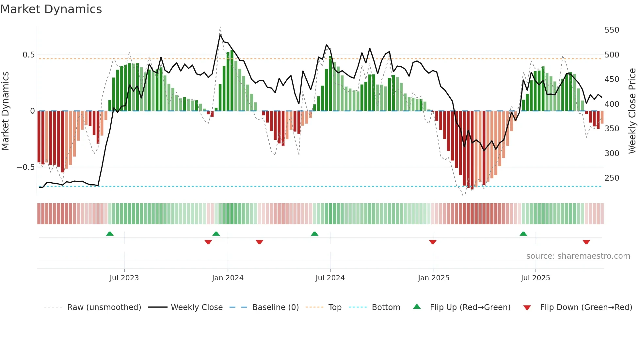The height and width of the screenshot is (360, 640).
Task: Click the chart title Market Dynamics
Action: pos(51,9)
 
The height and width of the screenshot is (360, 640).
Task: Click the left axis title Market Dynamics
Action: pos(5,111)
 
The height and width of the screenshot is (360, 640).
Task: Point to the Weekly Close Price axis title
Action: pos(632,111)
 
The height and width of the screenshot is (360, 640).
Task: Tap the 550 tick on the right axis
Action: pos(612,30)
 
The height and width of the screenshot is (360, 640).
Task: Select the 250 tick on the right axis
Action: pos(612,178)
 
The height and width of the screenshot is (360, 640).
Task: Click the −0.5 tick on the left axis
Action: pos(25,167)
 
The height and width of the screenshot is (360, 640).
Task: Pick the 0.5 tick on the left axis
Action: pos(28,55)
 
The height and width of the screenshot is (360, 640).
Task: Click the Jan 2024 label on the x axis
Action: pos(228,278)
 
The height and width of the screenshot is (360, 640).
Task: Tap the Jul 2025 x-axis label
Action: pos(535,278)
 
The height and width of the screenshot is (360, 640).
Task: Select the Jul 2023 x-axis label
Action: pos(124,278)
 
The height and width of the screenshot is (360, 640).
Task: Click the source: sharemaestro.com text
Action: pos(578,256)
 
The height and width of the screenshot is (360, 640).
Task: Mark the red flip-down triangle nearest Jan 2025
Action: pos(433,242)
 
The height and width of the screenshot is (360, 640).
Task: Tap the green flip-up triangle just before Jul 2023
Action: pos(110,234)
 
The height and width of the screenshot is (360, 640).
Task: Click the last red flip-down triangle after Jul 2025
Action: pos(586,242)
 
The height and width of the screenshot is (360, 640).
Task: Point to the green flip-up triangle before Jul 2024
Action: pos(314,234)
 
